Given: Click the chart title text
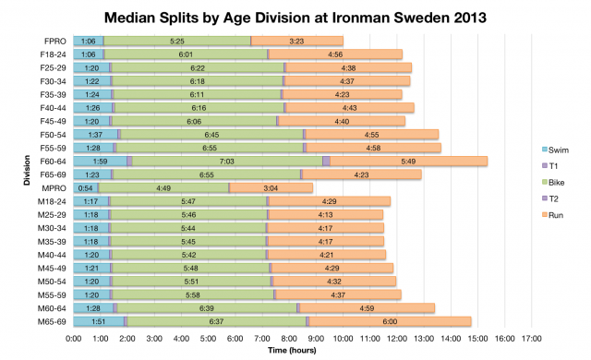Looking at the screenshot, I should tap(295, 18).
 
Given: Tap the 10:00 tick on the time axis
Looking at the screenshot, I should tap(343, 339).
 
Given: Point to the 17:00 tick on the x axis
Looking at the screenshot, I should tap(531, 339).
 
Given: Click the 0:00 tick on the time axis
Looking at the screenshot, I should tap(74, 339).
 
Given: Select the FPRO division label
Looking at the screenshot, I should tap(54, 42).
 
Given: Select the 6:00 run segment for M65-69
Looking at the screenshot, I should tap(390, 321).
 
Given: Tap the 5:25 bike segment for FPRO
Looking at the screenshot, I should tap(177, 42).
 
